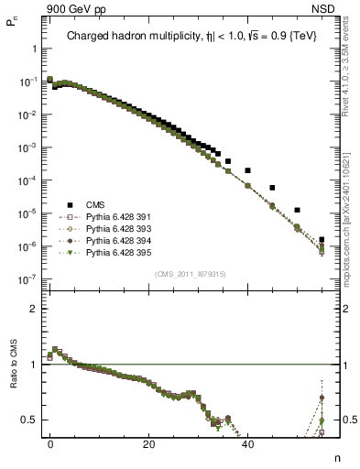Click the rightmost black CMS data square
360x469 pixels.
click(322, 239)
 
